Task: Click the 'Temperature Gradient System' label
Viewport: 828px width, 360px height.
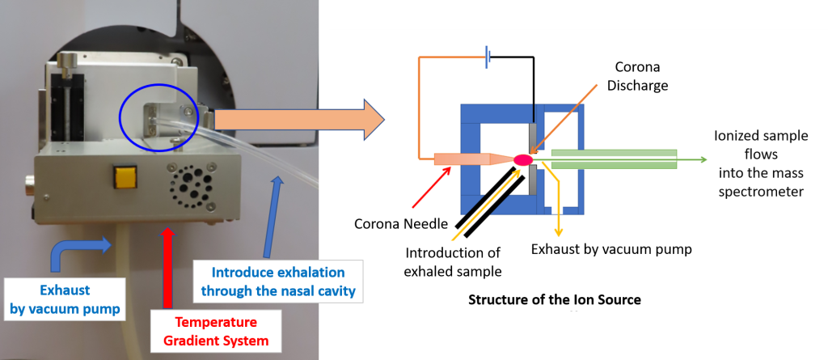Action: (216, 331)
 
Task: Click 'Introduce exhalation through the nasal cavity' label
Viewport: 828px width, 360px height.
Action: (279, 282)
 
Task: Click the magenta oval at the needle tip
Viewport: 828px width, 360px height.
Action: (522, 159)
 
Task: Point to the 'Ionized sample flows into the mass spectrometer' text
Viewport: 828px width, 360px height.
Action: (762, 163)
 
